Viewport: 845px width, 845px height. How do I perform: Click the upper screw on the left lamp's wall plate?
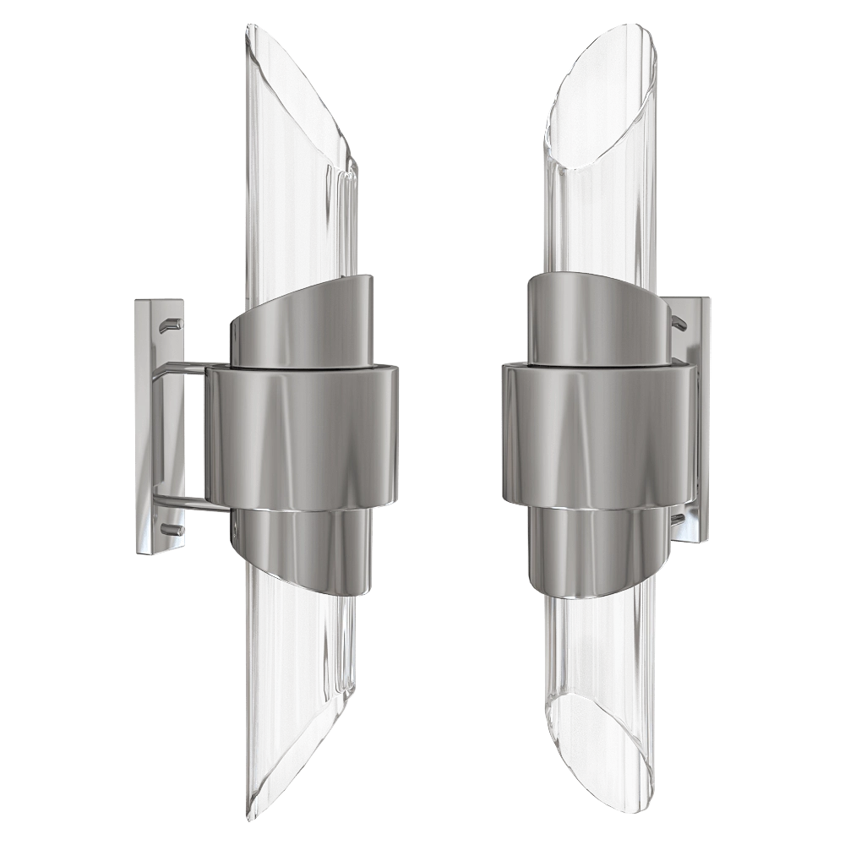coord(172,323)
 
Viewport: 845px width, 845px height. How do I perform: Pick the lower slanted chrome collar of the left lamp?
coord(300,549)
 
